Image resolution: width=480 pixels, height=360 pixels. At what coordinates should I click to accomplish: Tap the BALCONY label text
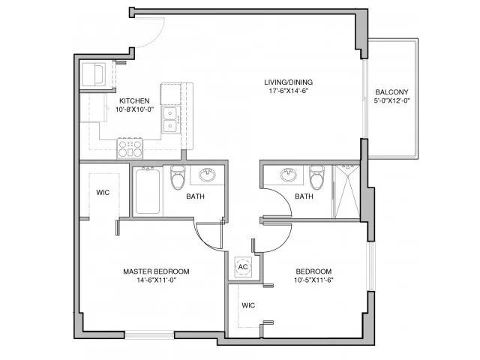391,94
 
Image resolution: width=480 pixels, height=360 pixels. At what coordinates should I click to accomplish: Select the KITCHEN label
134,100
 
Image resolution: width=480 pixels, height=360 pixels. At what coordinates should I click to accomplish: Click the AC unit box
243,267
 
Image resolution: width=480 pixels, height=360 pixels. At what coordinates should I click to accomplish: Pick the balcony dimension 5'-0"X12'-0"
391,103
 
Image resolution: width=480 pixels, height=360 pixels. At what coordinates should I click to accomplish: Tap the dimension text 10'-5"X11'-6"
313,280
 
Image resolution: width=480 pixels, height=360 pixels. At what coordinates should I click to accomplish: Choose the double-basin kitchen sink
171,118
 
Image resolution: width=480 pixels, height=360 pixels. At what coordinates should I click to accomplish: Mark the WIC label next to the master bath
103,192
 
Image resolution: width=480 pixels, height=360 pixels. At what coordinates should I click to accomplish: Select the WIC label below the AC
248,305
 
